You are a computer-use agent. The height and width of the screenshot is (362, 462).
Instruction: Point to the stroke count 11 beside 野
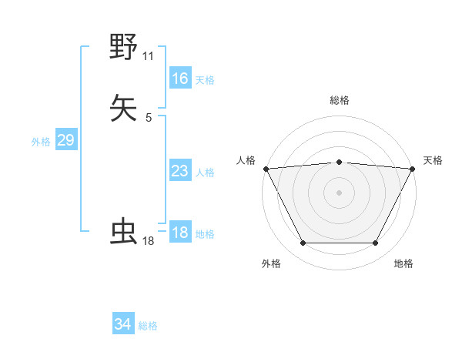tap(149, 56)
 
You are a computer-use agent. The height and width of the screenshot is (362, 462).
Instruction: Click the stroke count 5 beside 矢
tap(149, 118)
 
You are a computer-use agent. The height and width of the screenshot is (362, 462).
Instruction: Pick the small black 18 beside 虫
tap(149, 241)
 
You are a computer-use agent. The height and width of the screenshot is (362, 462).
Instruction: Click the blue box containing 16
tap(180, 78)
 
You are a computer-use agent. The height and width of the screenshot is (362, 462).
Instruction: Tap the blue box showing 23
tap(180, 171)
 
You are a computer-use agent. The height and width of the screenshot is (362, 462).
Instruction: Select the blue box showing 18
tap(180, 233)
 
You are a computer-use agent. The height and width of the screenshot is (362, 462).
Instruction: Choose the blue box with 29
tap(65, 140)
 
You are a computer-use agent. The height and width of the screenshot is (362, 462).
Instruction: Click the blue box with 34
tap(123, 324)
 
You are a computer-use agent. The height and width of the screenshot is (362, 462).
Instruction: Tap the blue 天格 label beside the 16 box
tap(205, 79)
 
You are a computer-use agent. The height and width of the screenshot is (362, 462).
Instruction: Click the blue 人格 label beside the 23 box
tap(205, 173)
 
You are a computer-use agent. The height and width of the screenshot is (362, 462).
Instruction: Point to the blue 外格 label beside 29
tap(41, 142)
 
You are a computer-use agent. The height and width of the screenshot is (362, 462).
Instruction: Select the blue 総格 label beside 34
tap(148, 326)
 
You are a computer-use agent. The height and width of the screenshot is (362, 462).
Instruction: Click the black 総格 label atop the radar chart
tap(340, 100)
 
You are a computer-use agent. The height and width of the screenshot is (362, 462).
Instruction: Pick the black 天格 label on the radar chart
tap(433, 160)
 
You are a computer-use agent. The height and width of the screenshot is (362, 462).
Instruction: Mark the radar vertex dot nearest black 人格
tap(266, 169)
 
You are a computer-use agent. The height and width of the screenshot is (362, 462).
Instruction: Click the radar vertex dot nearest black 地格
tap(376, 243)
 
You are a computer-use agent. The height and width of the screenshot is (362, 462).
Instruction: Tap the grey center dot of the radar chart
tap(339, 192)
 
